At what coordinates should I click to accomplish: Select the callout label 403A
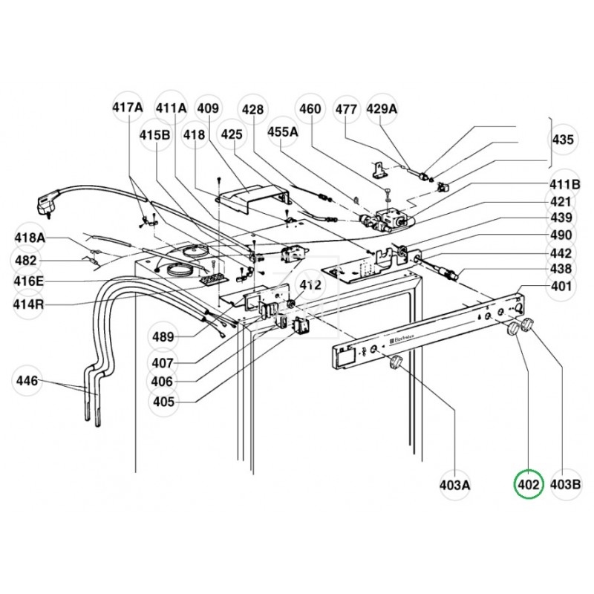454,486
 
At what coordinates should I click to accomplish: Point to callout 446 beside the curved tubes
28,382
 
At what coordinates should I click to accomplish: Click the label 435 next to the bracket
562,140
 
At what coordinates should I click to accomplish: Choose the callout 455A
282,131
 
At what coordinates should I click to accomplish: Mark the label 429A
382,109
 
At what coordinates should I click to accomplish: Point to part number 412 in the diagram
310,284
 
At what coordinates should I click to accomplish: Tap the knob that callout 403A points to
395,362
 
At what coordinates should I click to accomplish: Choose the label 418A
30,238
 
